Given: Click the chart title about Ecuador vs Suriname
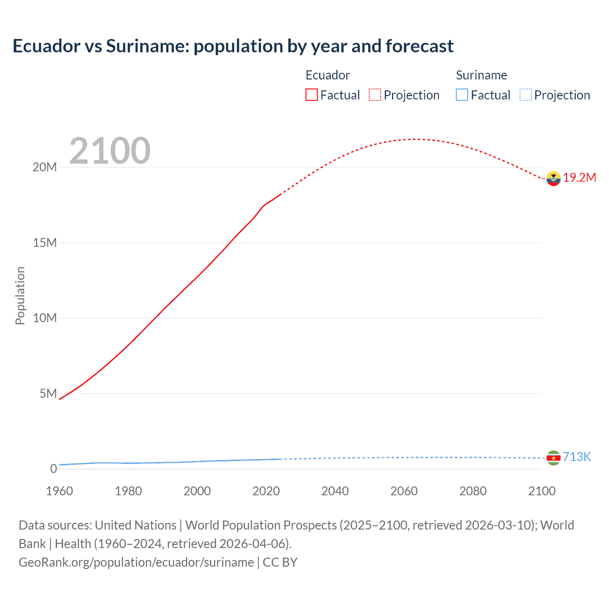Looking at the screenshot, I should click(x=233, y=46).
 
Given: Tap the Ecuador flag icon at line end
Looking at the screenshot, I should click(x=553, y=178).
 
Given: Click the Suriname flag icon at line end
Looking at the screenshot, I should click(x=553, y=458).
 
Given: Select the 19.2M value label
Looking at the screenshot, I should click(x=580, y=177).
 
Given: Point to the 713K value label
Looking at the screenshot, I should click(x=577, y=457).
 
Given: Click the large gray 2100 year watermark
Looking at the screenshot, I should click(x=110, y=151).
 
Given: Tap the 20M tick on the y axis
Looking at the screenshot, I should click(x=45, y=167).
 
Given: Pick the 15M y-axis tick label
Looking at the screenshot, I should click(x=45, y=243).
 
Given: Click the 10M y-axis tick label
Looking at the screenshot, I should click(x=45, y=318).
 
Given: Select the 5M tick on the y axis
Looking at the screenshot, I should click(x=48, y=393).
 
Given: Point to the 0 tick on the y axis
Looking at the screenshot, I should click(x=53, y=469).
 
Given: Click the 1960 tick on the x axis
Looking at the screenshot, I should click(x=59, y=491).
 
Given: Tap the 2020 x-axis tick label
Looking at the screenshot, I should click(x=266, y=491).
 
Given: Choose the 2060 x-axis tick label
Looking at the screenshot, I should click(x=404, y=491).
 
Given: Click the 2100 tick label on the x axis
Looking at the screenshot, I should click(x=541, y=491).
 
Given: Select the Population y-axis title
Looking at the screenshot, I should click(x=20, y=295).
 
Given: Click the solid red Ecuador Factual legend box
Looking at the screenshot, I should click(x=312, y=95).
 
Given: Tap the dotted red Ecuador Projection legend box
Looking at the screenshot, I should click(x=375, y=95).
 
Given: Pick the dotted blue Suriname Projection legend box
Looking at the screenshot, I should click(x=526, y=95).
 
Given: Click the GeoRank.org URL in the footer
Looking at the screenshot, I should click(x=136, y=562).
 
